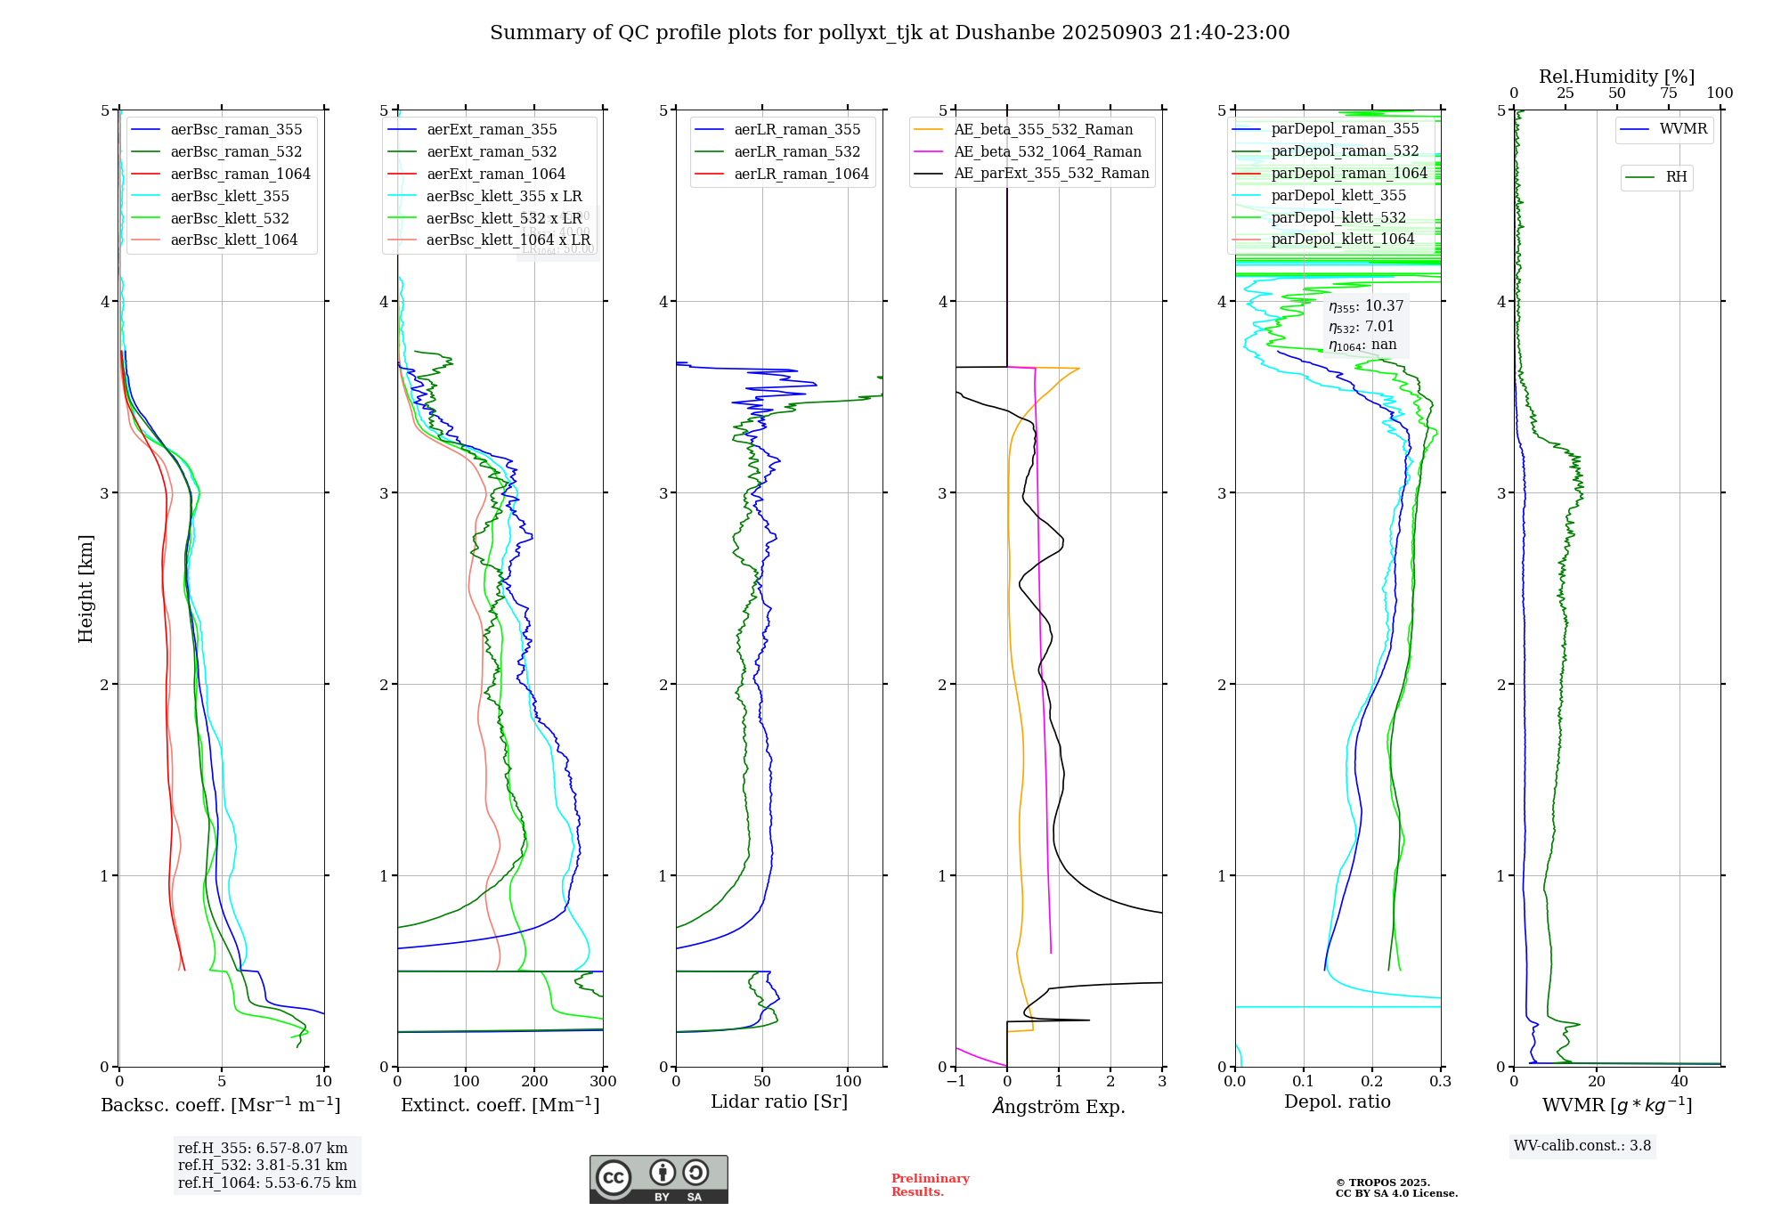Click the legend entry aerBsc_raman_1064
click(240, 174)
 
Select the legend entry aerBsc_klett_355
click(230, 196)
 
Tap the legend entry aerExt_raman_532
click(492, 151)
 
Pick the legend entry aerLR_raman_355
click(797, 130)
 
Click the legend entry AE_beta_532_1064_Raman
click(1047, 151)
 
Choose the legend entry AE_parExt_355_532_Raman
click(1051, 173)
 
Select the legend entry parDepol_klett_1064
click(1342, 239)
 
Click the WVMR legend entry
click(1683, 129)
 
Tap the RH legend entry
click(1676, 177)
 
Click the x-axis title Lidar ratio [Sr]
click(779, 1101)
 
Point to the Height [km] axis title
click(85, 588)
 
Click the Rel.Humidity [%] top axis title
click(1616, 77)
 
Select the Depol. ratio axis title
click(1337, 1101)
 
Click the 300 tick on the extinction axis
click(603, 1081)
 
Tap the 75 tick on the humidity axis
click(1668, 93)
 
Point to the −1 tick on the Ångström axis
click(956, 1081)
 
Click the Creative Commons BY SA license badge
click(658, 1180)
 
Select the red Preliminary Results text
click(930, 1185)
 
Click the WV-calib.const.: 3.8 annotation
click(1582, 1146)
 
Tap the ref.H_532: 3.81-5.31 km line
click(263, 1165)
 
